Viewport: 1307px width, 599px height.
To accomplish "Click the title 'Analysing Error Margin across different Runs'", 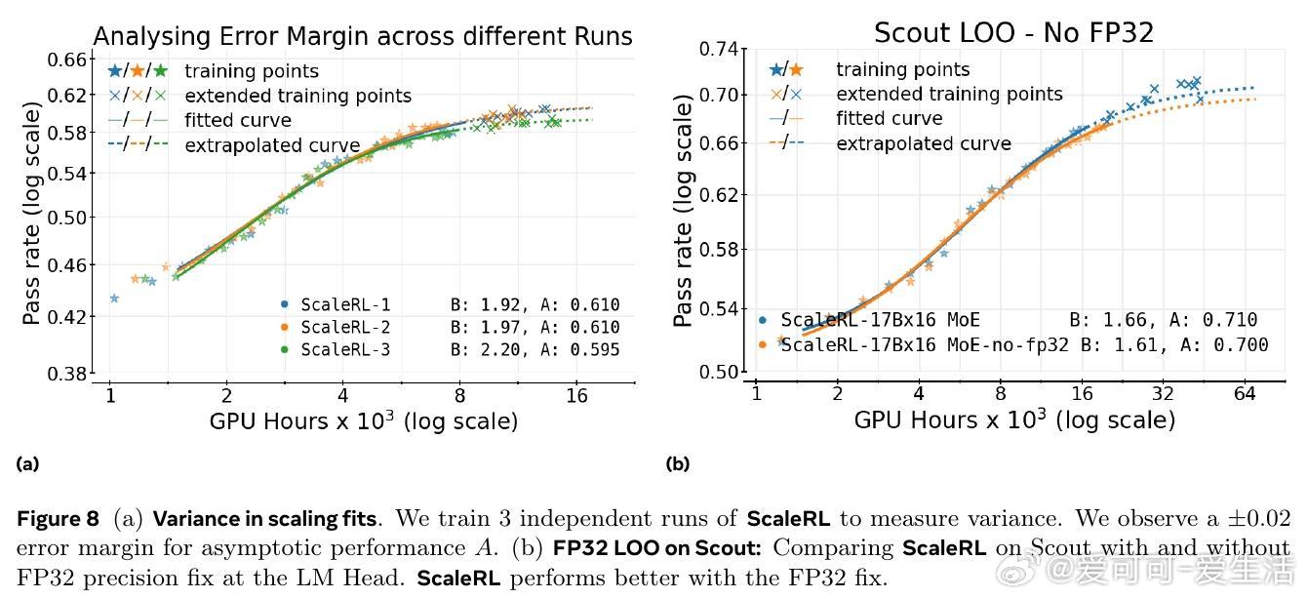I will (x=362, y=37).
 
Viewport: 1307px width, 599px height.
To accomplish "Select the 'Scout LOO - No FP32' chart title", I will (x=1013, y=32).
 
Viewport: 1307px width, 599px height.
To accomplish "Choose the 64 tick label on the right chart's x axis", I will (x=1244, y=394).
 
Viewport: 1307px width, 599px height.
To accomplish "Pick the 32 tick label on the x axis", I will (x=1162, y=394).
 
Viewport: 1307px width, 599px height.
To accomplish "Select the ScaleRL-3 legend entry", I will (x=345, y=349).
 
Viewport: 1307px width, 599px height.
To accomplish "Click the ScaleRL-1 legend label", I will (x=345, y=304).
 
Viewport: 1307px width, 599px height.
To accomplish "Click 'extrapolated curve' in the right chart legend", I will (x=923, y=143).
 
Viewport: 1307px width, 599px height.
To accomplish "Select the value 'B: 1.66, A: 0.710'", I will (x=1163, y=320).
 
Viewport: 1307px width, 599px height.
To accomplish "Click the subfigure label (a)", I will (x=27, y=464).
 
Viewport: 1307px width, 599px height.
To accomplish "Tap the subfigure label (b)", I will (x=677, y=464).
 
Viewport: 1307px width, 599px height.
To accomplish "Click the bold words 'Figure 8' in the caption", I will (x=57, y=519).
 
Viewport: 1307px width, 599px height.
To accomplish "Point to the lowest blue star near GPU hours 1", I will (x=114, y=298).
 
